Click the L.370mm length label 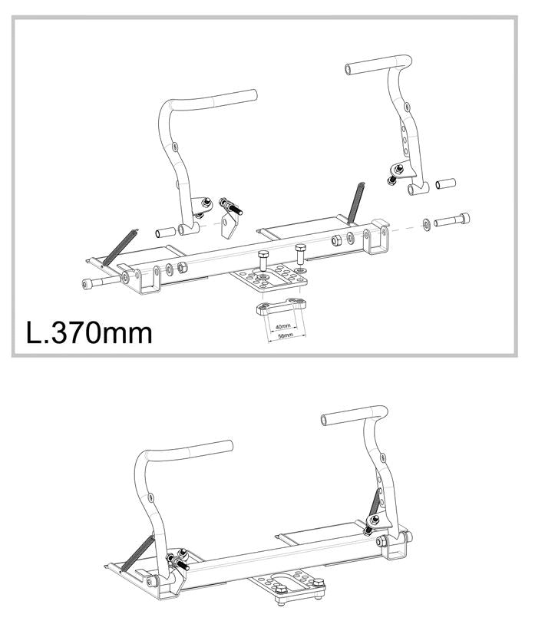click(89, 332)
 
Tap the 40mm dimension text click(282, 326)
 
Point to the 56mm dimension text click(286, 336)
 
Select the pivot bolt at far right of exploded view click(452, 220)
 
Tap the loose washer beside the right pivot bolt click(427, 224)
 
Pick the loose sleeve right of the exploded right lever click(446, 183)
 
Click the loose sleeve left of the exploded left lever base click(166, 233)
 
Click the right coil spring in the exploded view click(355, 203)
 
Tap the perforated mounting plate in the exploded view click(269, 277)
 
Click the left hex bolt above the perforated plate click(263, 260)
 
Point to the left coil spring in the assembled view click(138, 553)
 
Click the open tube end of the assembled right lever click(325, 420)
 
